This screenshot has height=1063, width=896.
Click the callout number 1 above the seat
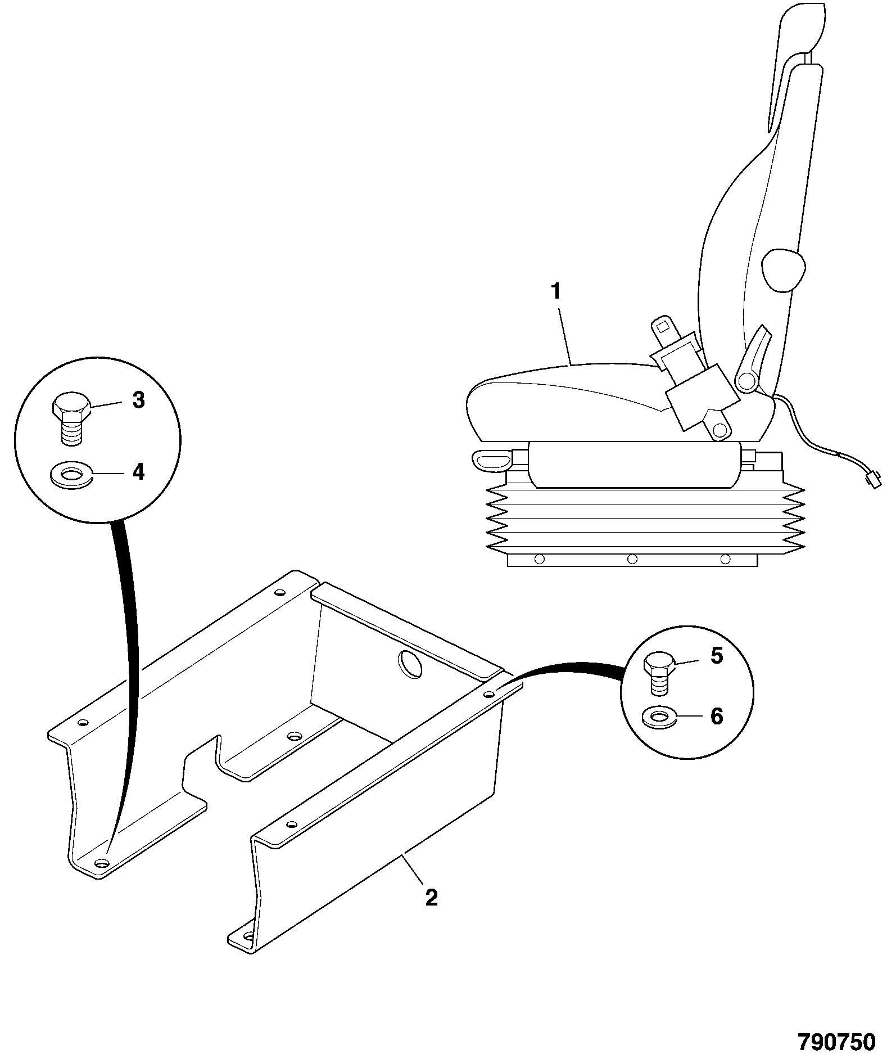[556, 292]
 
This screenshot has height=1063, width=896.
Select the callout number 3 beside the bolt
[138, 400]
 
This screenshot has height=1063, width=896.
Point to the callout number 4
[138, 471]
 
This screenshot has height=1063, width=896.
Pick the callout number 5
[717, 656]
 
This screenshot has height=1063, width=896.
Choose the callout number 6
[717, 716]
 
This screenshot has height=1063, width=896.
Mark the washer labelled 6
[659, 718]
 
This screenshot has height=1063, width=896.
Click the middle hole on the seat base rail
[632, 558]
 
